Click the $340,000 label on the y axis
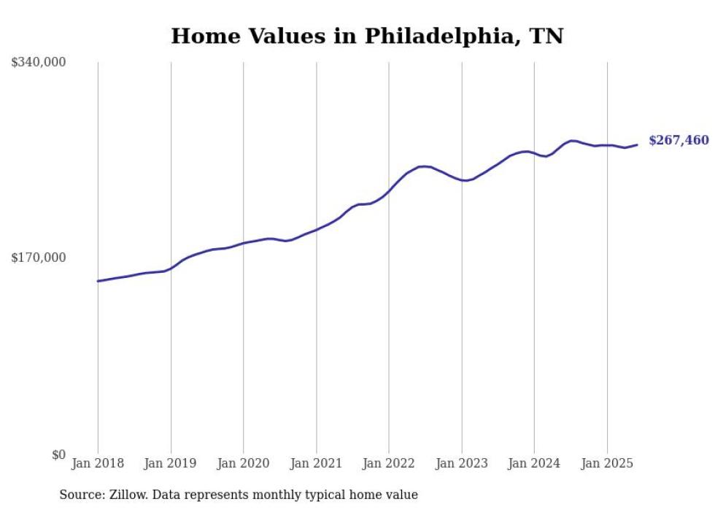(39, 63)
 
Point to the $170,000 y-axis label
(39, 258)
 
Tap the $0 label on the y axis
(58, 455)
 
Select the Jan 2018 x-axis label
(98, 463)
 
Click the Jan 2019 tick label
(171, 463)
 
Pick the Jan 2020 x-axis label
(243, 463)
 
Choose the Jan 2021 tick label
(316, 463)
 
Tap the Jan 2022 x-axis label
(389, 463)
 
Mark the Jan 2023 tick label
(461, 463)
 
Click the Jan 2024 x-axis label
(534, 463)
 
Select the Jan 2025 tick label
(606, 463)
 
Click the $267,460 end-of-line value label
(679, 140)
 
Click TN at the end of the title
(546, 36)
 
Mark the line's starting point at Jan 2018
(98, 281)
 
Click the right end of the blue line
(637, 144)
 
